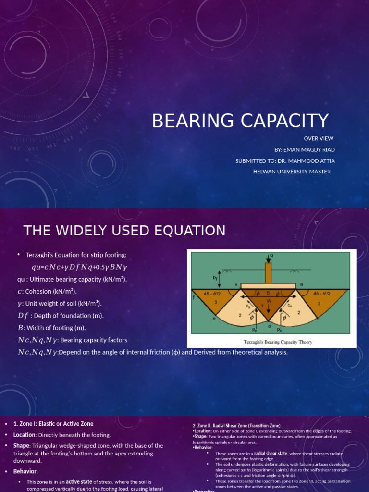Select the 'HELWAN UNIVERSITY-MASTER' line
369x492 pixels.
pyautogui.click(x=292, y=172)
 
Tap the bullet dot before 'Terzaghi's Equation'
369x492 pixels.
pyautogui.click(x=18, y=255)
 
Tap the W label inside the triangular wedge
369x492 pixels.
pyautogui.click(x=268, y=301)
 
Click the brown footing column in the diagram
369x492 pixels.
pyautogui.click(x=268, y=272)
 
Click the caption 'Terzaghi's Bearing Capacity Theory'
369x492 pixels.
pyautogui.click(x=271, y=342)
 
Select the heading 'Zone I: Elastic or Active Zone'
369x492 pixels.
pyautogui.click(x=53, y=424)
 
